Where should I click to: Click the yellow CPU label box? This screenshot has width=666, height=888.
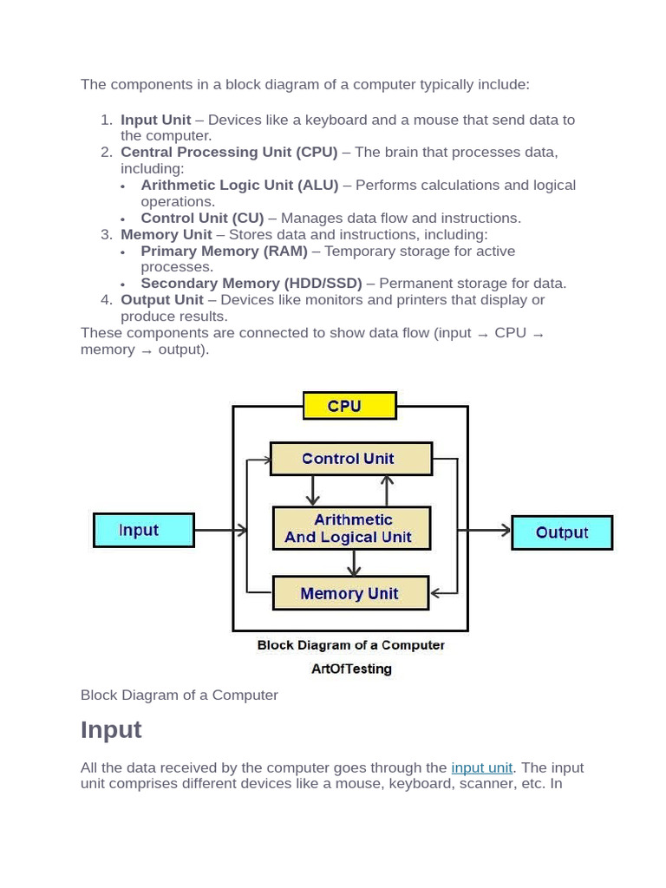[x=349, y=406]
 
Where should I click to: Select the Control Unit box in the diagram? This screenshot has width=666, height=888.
[x=351, y=459]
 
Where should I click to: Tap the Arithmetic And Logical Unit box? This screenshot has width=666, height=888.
[x=351, y=528]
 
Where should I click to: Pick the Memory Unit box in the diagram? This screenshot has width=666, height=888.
[x=350, y=593]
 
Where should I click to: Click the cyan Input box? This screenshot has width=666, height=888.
[x=144, y=530]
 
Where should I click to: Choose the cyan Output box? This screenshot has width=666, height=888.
[x=562, y=532]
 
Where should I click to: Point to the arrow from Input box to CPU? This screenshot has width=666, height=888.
[x=221, y=530]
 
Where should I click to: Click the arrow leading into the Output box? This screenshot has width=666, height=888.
[x=484, y=530]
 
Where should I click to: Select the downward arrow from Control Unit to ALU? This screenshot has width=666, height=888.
[x=312, y=491]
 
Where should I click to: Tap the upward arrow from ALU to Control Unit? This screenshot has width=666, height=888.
[x=387, y=491]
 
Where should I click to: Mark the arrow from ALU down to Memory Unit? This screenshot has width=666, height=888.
[x=354, y=563]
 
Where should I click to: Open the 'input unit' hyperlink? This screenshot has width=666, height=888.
[x=481, y=767]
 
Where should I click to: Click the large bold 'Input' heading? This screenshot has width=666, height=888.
[x=111, y=729]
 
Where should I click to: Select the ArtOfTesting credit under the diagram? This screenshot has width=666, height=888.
[x=351, y=669]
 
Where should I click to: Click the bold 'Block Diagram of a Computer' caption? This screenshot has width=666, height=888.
[x=350, y=645]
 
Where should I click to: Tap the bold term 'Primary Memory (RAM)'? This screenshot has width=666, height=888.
[x=225, y=251]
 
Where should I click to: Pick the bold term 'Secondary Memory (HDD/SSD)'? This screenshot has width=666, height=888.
[x=251, y=284]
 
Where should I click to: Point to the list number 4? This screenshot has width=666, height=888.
[x=107, y=299]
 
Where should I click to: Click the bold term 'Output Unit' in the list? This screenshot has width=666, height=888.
[x=162, y=299]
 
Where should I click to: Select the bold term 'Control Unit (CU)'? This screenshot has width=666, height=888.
[x=202, y=218]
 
